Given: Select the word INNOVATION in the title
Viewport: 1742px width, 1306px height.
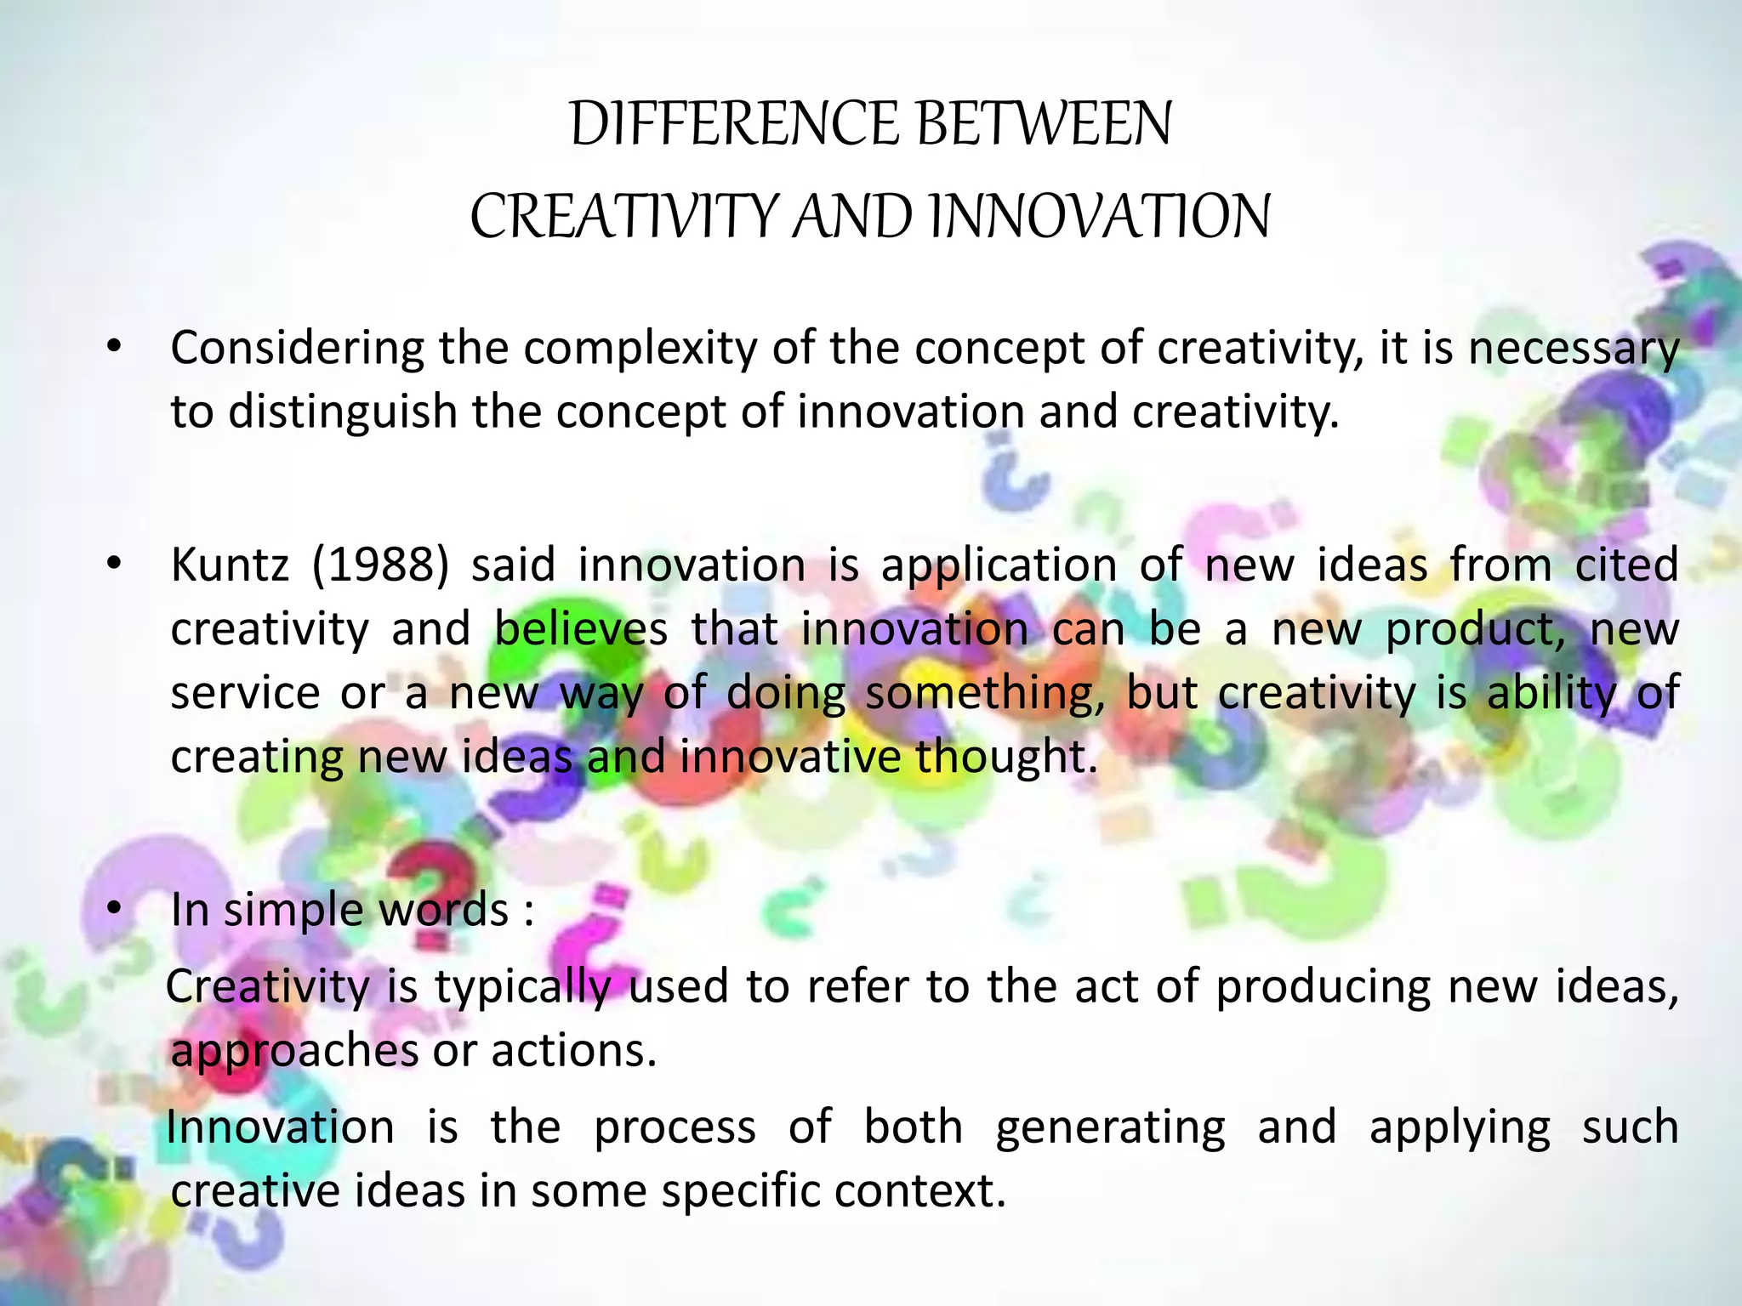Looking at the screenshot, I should (x=1101, y=216).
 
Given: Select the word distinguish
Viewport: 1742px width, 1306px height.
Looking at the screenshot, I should (x=343, y=412).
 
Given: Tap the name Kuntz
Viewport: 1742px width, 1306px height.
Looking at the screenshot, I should (x=230, y=565).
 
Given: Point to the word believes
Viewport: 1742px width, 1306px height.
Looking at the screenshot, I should (x=581, y=629).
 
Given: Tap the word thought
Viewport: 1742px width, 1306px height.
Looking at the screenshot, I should (x=1006, y=757).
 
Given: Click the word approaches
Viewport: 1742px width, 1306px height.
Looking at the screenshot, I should (x=294, y=1052).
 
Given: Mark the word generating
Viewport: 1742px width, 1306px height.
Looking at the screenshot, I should (x=1110, y=1128).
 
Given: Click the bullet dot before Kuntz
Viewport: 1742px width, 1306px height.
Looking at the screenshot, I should (x=115, y=565).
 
